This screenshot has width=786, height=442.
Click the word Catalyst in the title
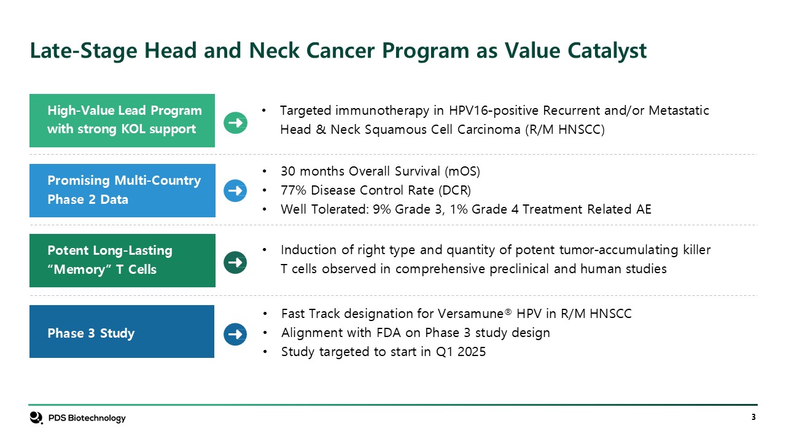click(607, 51)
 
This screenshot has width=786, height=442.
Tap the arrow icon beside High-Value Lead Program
click(235, 123)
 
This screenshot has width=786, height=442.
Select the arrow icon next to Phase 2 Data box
click(235, 190)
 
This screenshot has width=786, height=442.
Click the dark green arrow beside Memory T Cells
click(235, 262)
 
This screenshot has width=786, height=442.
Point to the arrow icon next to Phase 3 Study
click(235, 334)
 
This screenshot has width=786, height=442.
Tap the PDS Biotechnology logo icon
click(36, 417)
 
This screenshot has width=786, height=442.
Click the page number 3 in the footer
click(753, 417)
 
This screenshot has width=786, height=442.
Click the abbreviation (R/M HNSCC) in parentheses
click(565, 130)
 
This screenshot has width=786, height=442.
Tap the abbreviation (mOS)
click(462, 171)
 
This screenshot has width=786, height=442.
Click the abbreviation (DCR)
click(455, 190)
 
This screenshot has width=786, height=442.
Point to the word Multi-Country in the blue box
click(158, 180)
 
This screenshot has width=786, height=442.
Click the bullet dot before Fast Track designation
click(265, 314)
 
